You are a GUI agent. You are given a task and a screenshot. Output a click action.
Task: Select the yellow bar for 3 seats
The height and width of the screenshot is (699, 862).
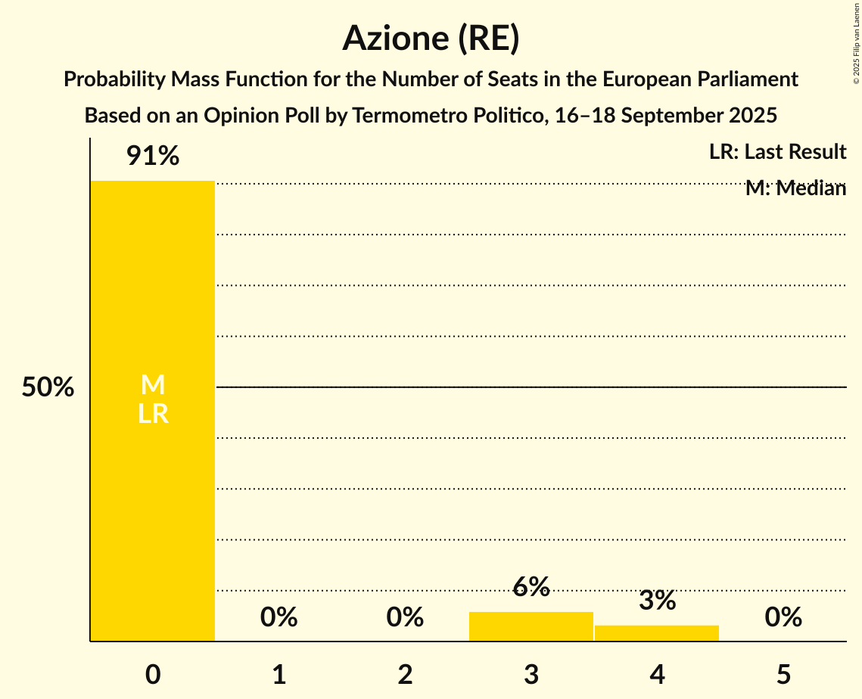coord(531,626)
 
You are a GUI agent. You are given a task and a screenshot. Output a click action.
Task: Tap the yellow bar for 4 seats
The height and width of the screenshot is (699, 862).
coord(657,633)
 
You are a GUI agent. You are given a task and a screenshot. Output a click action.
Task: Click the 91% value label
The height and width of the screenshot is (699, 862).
coord(153,157)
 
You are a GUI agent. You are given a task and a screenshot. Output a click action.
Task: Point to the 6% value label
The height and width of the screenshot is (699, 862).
coord(531,586)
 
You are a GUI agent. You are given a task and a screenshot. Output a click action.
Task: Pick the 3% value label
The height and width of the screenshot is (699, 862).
coord(657,601)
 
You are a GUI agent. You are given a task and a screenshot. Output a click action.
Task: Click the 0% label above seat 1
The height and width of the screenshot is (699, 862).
coord(279,617)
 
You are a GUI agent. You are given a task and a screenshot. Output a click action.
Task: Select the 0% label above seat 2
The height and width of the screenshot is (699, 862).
coord(405,617)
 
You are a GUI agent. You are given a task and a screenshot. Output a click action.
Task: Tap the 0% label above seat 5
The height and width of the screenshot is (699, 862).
coord(783,617)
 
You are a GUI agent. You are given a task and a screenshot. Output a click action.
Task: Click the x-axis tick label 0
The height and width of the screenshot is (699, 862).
coord(153,674)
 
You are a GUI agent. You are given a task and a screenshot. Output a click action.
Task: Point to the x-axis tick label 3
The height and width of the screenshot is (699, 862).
coord(531,674)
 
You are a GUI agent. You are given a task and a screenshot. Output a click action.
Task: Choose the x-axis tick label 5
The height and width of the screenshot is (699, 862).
coord(783,674)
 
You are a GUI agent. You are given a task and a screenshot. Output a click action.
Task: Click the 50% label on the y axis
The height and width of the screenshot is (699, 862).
coord(48,387)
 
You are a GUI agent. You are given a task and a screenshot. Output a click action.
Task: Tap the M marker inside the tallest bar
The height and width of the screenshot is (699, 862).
coord(153,385)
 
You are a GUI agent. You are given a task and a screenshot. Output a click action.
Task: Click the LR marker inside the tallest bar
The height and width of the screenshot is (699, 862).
coord(153,414)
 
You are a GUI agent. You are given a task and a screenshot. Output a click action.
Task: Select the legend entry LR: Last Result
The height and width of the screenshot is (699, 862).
coord(777,152)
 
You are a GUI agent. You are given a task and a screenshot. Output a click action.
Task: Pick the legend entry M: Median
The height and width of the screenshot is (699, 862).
coord(795,188)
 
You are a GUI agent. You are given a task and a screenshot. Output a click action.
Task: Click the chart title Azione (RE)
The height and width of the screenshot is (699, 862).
coord(431,38)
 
